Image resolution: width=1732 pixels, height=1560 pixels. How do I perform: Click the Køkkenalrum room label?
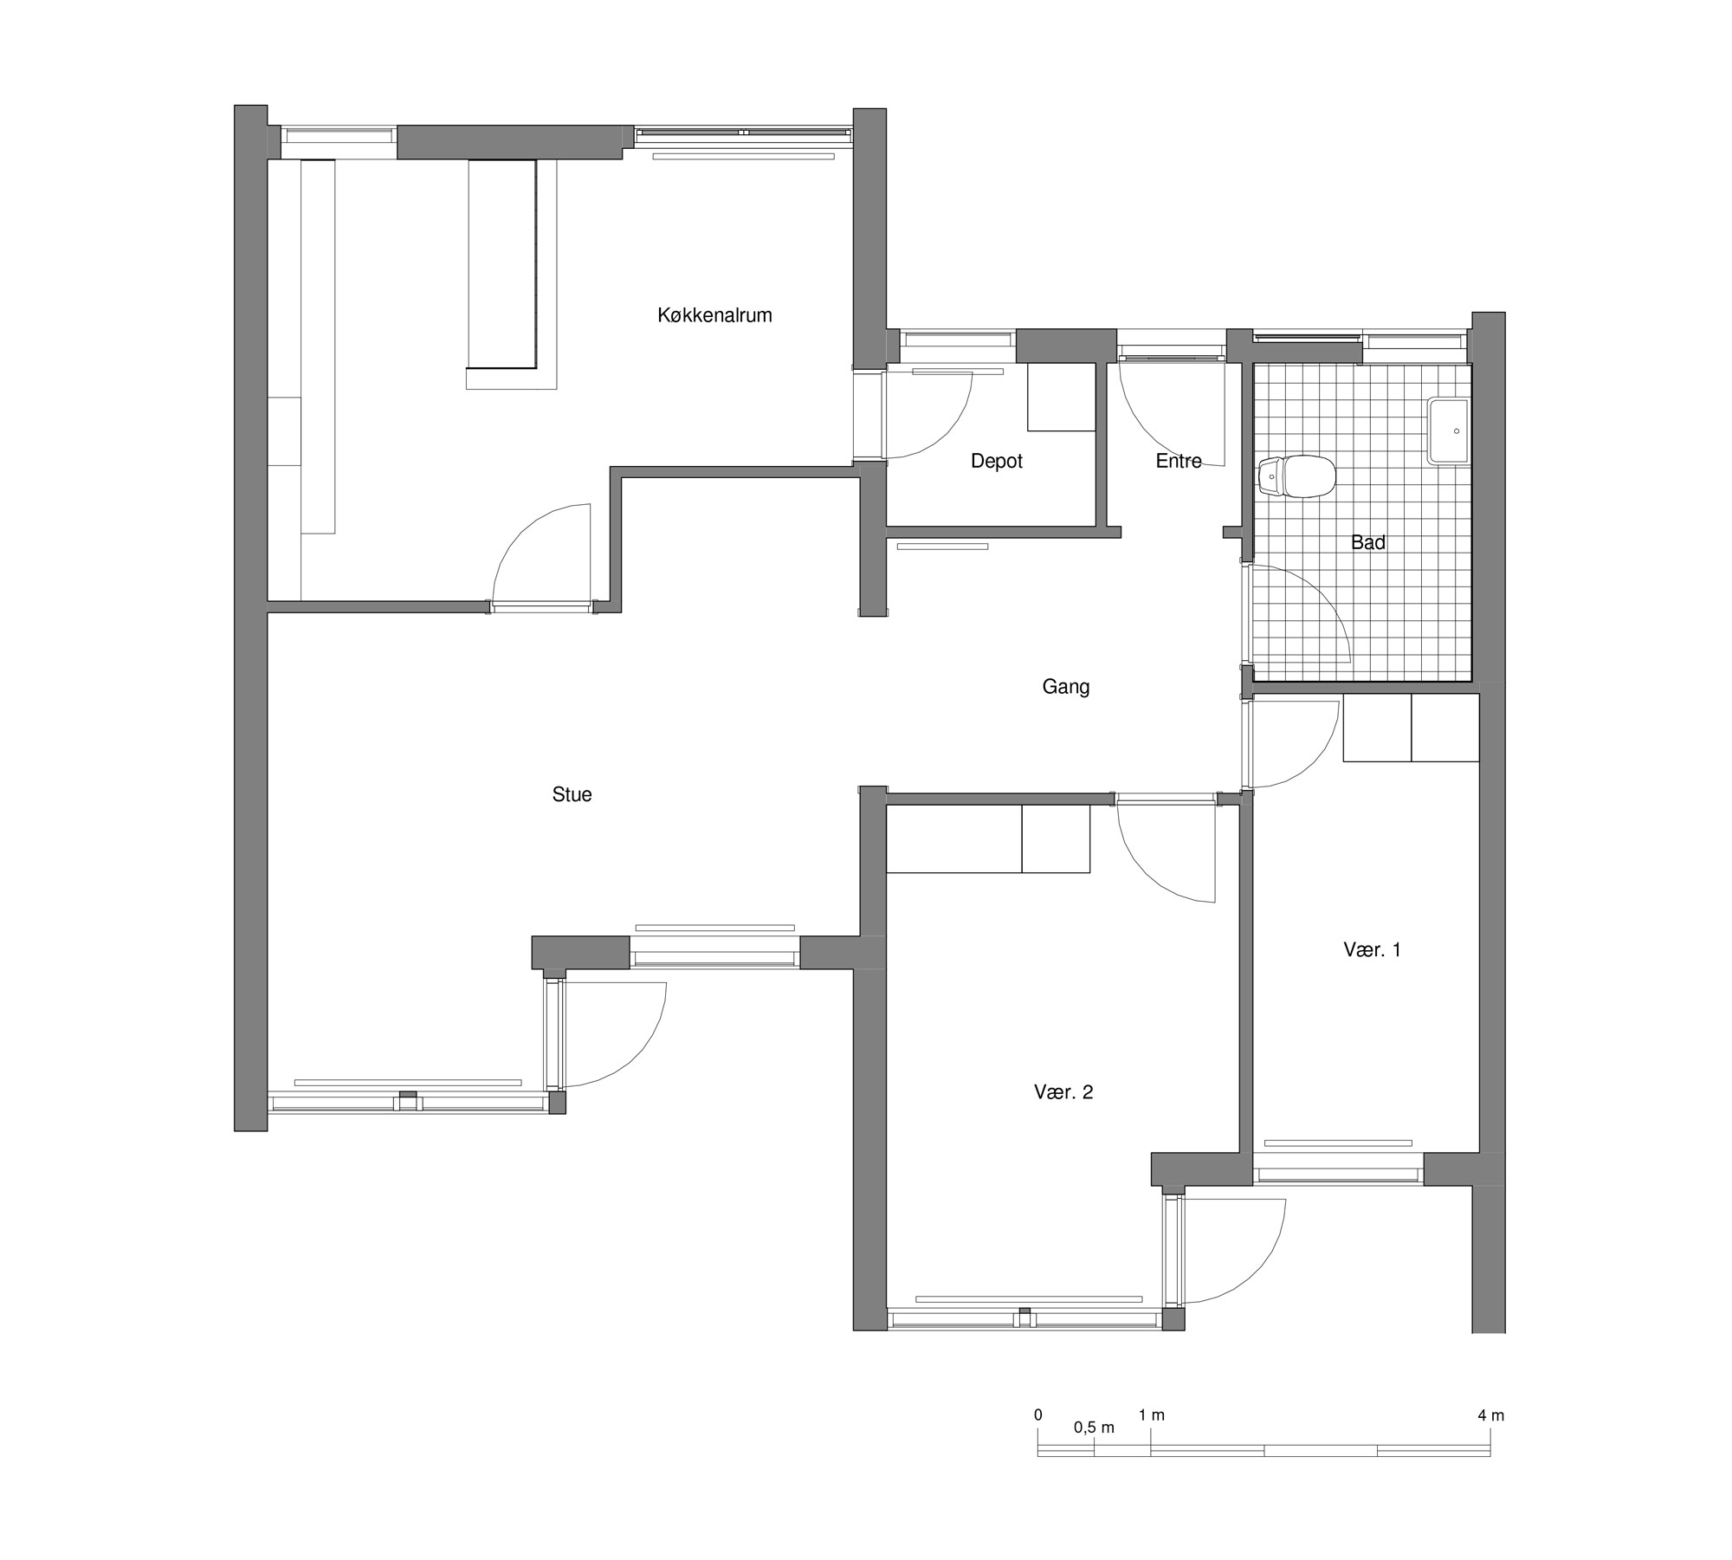pyautogui.click(x=714, y=315)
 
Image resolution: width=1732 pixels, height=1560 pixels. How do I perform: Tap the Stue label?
pyautogui.click(x=572, y=794)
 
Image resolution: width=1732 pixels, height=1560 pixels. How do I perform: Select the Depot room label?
pyautogui.click(x=996, y=461)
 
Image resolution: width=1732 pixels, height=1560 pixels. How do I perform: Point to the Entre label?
pyautogui.click(x=1179, y=461)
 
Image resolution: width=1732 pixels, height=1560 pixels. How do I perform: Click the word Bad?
pyautogui.click(x=1368, y=542)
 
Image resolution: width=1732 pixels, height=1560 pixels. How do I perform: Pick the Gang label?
pyautogui.click(x=1065, y=687)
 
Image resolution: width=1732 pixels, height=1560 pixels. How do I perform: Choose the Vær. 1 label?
pyautogui.click(x=1372, y=949)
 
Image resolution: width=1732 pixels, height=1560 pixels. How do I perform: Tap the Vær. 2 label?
pyautogui.click(x=1063, y=1092)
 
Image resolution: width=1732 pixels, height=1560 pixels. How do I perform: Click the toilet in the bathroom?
pyautogui.click(x=1297, y=477)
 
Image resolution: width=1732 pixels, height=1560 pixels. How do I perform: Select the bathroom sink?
pyautogui.click(x=1449, y=430)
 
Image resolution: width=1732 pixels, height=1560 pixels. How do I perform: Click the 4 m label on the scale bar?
pyautogui.click(x=1491, y=1415)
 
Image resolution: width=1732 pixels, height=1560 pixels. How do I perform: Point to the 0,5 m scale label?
pyautogui.click(x=1094, y=1427)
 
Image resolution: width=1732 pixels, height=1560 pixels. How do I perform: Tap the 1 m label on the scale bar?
pyautogui.click(x=1152, y=1415)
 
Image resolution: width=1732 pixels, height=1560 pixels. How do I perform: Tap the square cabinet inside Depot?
pyautogui.click(x=1061, y=397)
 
